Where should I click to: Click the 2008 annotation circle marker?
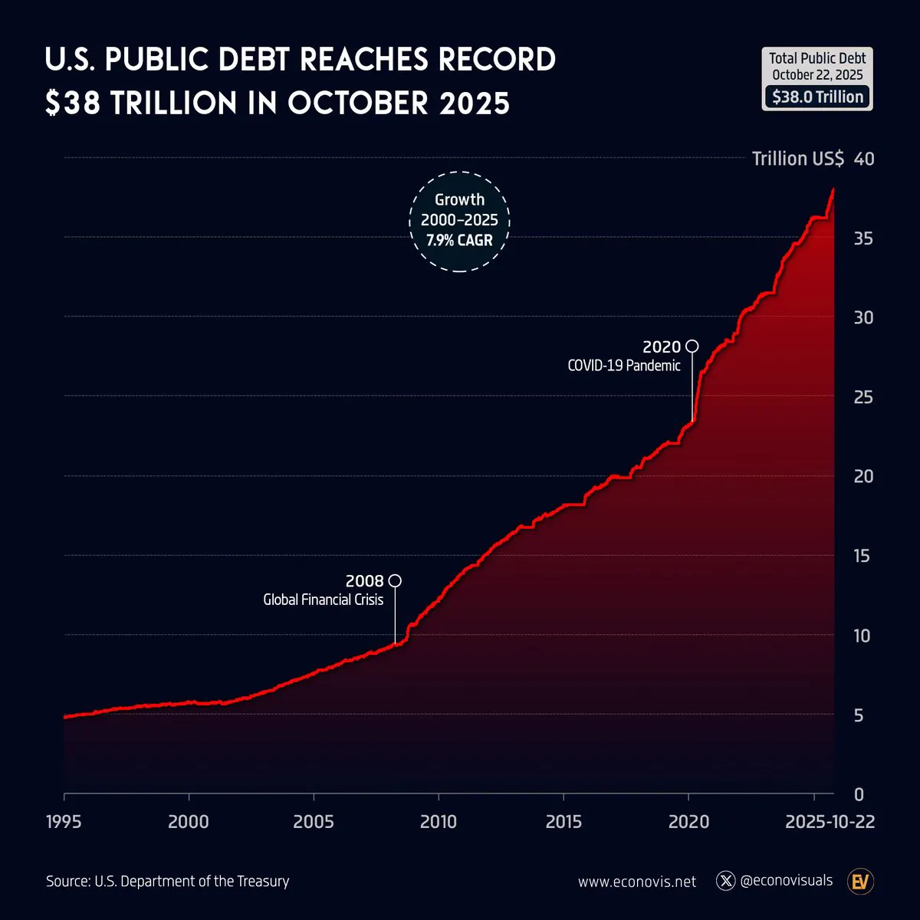click(395, 580)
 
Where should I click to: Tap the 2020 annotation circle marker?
click(692, 346)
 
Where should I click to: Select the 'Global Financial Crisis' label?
click(323, 600)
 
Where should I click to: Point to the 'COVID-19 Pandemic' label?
click(623, 366)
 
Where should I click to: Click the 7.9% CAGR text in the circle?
click(459, 241)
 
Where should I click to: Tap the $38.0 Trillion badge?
click(817, 97)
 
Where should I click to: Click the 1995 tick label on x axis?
click(64, 822)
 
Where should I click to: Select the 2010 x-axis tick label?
click(438, 822)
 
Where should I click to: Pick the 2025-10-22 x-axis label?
click(830, 822)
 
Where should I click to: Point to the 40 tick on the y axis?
click(863, 159)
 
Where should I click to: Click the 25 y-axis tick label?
click(863, 397)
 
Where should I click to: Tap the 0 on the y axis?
click(859, 794)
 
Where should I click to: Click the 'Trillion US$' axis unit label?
click(797, 159)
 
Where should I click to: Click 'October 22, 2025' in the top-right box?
click(817, 75)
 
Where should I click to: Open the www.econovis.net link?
click(637, 882)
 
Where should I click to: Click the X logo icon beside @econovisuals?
click(725, 881)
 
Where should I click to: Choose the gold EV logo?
click(861, 881)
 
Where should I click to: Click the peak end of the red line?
click(833, 189)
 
